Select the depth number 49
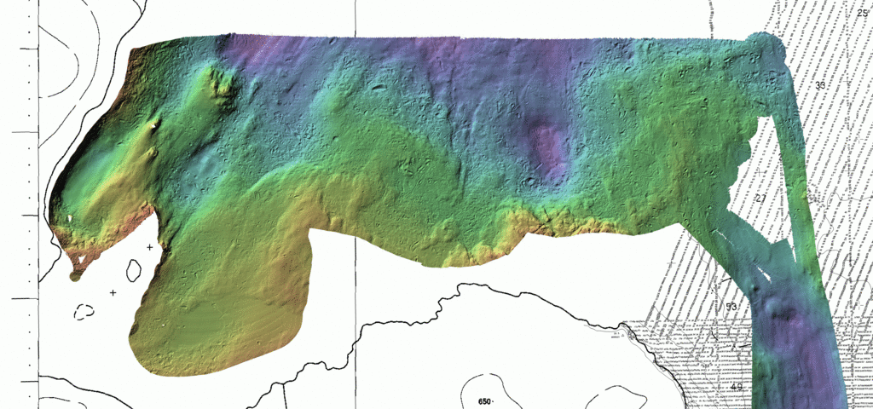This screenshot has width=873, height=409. pyautogui.click(x=737, y=387)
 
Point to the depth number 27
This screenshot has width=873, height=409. pyautogui.click(x=760, y=199)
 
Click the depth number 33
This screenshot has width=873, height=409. pyautogui.click(x=820, y=85)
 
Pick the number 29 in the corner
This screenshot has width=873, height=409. pyautogui.click(x=862, y=11)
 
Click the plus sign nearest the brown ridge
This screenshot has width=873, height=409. pyautogui.click(x=150, y=247)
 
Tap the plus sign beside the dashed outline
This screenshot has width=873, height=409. pyautogui.click(x=113, y=292)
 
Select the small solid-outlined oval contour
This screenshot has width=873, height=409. pyautogui.click(x=134, y=271)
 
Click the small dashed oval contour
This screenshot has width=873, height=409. pyautogui.click(x=84, y=312)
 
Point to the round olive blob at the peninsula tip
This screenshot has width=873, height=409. pyautogui.click(x=75, y=274)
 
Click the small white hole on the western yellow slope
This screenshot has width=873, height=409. pyautogui.click(x=68, y=219)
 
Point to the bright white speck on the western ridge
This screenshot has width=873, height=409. pyautogui.click(x=153, y=126)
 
